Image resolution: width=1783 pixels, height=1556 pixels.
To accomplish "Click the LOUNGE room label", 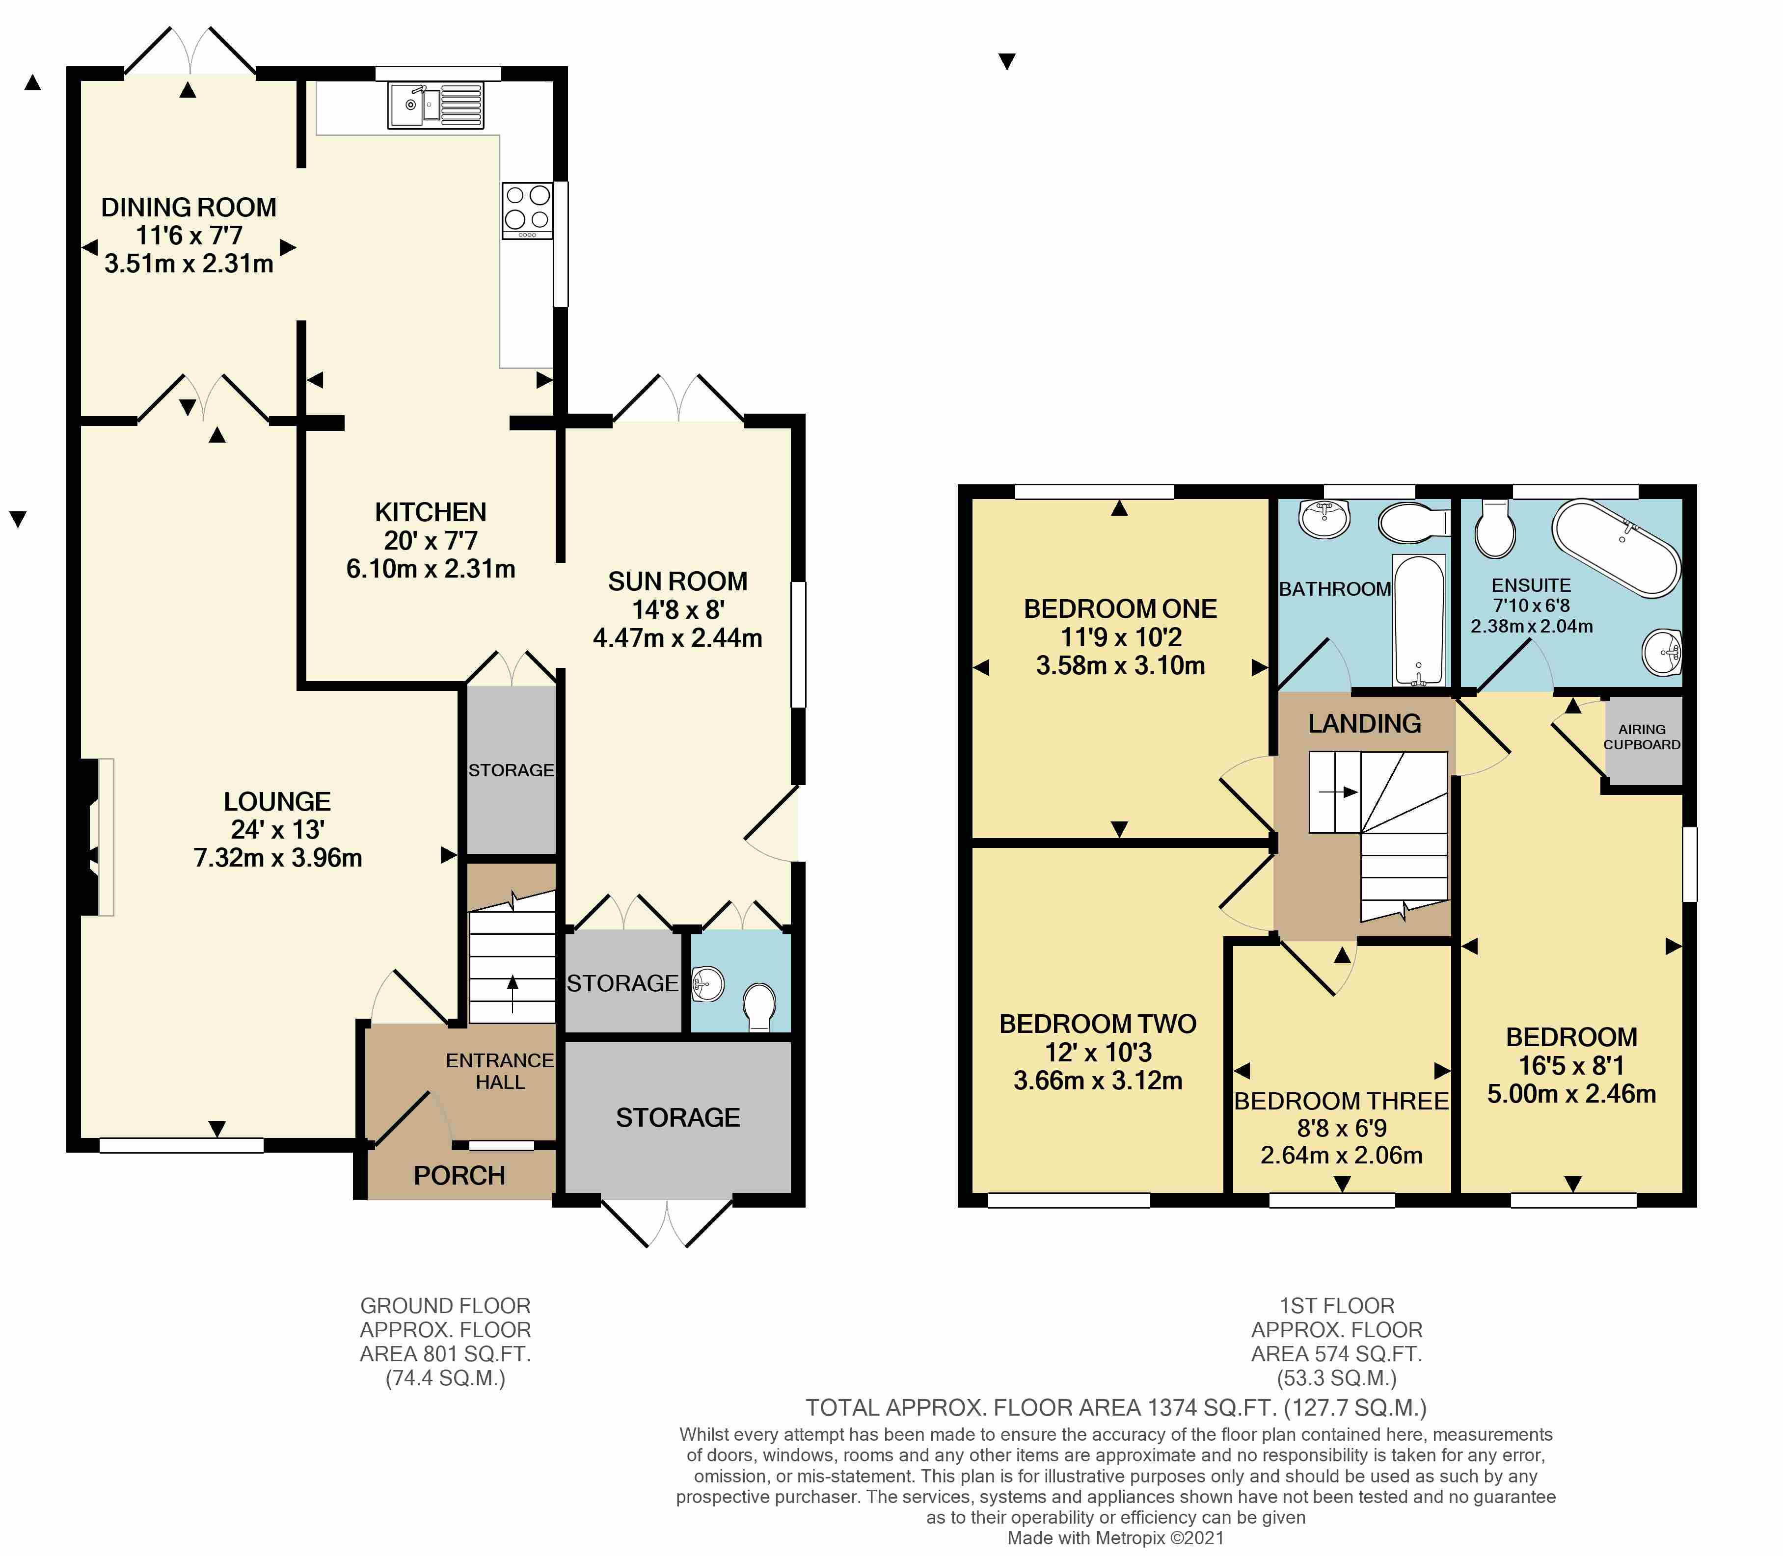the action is tap(277, 801).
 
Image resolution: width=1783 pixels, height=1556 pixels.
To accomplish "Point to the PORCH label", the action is tap(459, 1176).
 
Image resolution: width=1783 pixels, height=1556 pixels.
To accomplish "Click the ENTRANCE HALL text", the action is tap(500, 1072).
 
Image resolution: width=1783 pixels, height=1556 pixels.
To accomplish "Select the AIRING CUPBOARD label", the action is tap(1642, 737).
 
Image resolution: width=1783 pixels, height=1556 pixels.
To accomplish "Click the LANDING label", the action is tap(1364, 723).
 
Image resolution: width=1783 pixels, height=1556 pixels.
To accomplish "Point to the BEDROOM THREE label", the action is tap(1342, 1101).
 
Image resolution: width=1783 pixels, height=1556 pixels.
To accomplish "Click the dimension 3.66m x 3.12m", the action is tap(1098, 1081).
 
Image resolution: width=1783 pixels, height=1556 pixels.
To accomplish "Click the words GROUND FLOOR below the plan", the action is tap(446, 1306).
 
